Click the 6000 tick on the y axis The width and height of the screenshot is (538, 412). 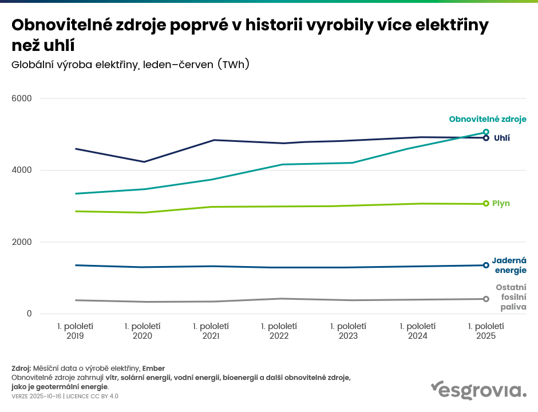22,98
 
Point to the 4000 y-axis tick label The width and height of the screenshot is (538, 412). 22,171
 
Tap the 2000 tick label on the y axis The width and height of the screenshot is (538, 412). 22,242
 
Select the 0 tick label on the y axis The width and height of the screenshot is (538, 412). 28,314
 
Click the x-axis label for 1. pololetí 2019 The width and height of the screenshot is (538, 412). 75,331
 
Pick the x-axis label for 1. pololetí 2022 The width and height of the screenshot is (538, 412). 279,331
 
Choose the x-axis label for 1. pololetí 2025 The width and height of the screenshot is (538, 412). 486,331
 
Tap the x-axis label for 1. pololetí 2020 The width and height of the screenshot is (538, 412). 143,331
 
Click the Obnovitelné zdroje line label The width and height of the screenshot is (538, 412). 488,119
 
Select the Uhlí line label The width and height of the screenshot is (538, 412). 502,138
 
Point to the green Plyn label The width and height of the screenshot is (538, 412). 501,203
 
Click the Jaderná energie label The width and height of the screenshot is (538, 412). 509,265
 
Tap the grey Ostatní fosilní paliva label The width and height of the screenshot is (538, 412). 511,297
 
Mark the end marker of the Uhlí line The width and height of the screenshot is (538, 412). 486,138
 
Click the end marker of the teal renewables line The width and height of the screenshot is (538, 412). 486,132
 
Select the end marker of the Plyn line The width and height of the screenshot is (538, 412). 486,203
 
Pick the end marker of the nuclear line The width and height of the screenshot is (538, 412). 486,265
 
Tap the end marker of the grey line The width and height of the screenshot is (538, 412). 486,299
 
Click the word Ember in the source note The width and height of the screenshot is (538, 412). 153,368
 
